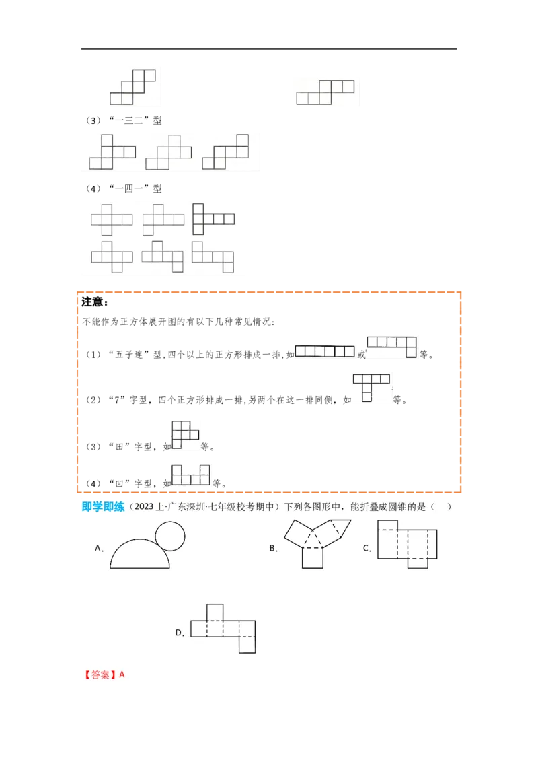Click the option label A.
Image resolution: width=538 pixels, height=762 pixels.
[x=98, y=548]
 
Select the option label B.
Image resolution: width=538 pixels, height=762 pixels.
[x=273, y=548]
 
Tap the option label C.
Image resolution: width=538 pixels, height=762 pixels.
[x=367, y=548]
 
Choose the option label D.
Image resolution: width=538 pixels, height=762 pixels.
[x=180, y=632]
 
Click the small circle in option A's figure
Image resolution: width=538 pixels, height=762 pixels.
[x=169, y=537]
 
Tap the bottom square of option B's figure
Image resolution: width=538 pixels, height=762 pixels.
[x=313, y=557]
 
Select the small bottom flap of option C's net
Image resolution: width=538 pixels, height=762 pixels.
[x=418, y=563]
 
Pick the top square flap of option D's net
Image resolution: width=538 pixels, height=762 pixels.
[x=215, y=612]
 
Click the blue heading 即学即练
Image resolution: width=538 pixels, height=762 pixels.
[x=103, y=507]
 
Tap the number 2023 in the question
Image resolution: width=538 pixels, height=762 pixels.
[x=146, y=507]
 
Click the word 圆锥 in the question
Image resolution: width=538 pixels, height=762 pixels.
[x=398, y=507]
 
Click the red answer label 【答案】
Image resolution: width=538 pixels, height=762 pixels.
[x=100, y=674]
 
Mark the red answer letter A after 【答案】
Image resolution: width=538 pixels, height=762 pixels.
[x=122, y=674]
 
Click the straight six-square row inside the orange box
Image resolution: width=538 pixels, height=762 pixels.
[x=325, y=351]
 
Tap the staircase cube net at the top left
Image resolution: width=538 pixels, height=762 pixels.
[x=134, y=86]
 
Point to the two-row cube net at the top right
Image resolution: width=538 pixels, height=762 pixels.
[x=325, y=92]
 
